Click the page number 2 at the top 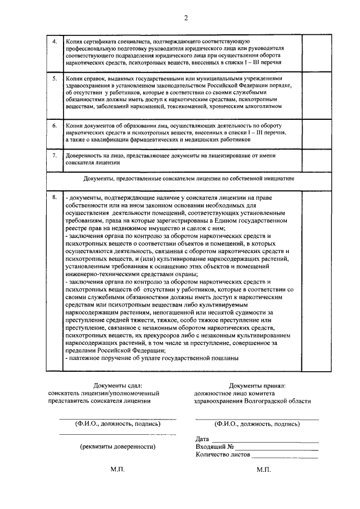185,18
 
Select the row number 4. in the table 54,42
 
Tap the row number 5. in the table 54,79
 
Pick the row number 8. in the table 54,197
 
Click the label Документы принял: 258,385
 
